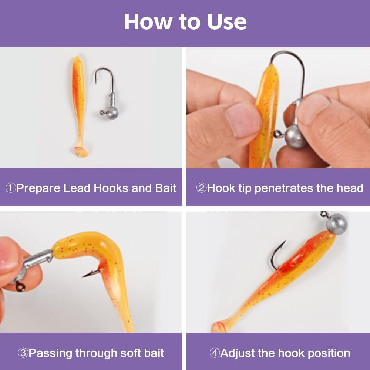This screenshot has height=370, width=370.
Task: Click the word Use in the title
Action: pos(227,22)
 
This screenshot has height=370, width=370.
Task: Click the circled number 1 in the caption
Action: pos(10,188)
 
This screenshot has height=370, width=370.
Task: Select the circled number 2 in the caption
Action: pos(201,188)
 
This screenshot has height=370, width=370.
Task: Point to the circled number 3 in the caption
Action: pos(23,353)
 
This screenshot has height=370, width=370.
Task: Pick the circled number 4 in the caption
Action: pos(215,353)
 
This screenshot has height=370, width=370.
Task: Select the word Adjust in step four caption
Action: pos(237,353)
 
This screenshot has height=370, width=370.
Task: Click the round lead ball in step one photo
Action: pos(112,113)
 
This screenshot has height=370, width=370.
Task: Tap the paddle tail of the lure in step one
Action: pos(80,151)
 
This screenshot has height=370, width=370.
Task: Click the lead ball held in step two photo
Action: pos(295,137)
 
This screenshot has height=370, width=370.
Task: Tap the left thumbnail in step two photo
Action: pos(243,120)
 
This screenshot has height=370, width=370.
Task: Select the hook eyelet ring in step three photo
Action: pos(21,286)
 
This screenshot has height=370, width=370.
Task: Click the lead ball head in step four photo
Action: pos(337,224)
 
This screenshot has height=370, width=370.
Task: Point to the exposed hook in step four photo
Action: pos(276,256)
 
